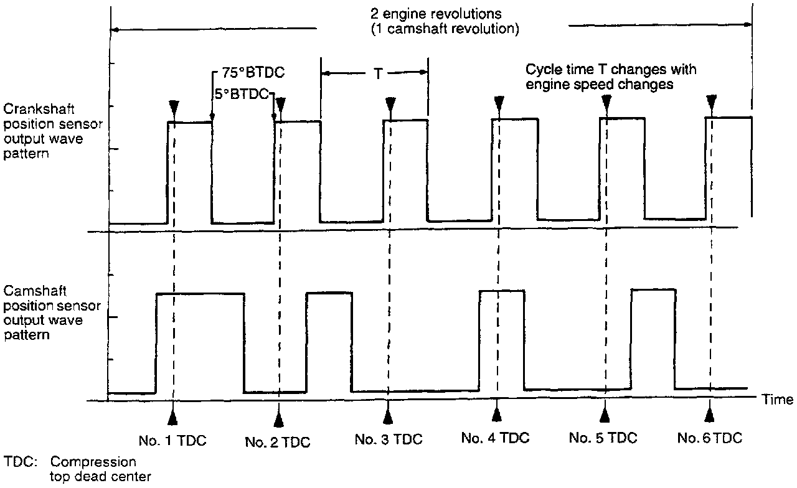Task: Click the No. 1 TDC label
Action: pos(172,440)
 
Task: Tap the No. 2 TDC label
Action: pos(278,443)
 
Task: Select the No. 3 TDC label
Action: pos(389,439)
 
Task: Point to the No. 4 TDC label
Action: pos(495,438)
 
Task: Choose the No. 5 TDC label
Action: pos(603,438)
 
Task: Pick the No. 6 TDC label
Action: pos(710,438)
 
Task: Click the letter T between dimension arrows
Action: pos(377,73)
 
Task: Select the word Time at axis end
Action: pos(778,400)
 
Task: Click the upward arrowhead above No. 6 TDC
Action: pos(709,414)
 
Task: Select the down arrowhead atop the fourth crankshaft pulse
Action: pos(499,103)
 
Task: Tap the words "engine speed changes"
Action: pos(600,85)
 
